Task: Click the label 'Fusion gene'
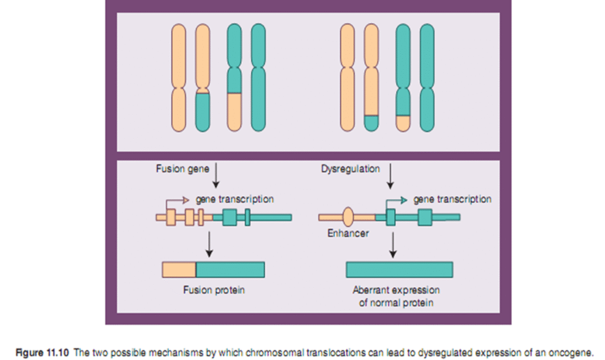tap(182, 169)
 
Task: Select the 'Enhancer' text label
tap(348, 233)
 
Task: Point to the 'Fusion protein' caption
tap(214, 290)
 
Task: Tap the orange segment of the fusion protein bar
tap(179, 270)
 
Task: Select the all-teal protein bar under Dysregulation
tap(399, 270)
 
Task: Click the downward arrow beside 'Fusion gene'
tap(216, 174)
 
